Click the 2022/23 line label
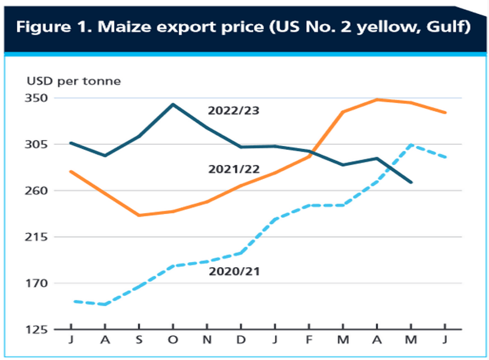pos(233,111)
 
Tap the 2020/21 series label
pos(234,271)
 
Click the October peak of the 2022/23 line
pos(173,105)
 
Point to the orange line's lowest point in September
pos(139,215)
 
